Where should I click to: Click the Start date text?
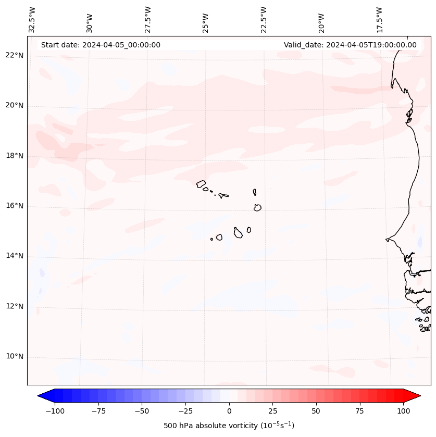[101, 45]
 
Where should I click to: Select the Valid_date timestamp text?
[350, 45]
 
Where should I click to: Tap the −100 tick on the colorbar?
[55, 411]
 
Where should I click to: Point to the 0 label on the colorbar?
[229, 411]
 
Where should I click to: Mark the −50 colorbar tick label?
[142, 411]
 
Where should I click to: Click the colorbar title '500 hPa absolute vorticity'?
[229, 426]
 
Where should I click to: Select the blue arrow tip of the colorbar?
[42, 396]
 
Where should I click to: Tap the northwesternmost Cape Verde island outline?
[201, 183]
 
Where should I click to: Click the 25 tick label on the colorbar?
[272, 411]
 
